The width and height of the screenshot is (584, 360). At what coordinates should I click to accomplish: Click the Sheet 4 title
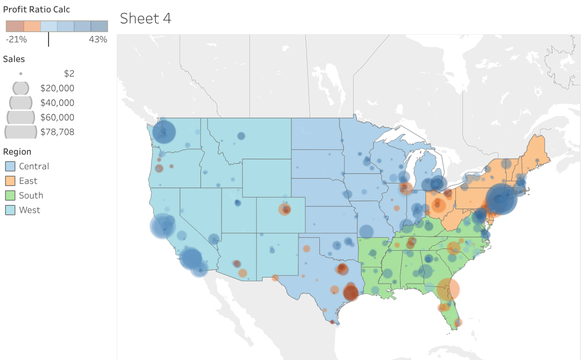pos(146,19)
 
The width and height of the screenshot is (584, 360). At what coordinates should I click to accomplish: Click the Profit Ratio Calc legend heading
pos(36,10)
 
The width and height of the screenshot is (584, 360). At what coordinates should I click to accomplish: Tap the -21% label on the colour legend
pos(16,40)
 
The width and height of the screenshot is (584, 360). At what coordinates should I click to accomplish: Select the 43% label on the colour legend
pos(98,40)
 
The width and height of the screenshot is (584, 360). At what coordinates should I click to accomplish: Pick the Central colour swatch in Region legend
pos(10,167)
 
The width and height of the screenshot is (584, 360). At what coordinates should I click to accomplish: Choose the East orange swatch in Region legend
pos(10,181)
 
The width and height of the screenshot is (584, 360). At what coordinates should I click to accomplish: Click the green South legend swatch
pos(10,195)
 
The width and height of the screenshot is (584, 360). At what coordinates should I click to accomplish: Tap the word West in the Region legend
pos(30,210)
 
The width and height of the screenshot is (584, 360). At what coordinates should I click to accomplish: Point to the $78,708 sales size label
pos(57,132)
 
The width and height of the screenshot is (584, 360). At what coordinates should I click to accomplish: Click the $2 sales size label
pos(69,74)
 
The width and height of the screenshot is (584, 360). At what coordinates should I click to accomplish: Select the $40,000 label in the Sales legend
pos(57,103)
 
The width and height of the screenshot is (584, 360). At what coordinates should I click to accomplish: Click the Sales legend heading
pos(14,59)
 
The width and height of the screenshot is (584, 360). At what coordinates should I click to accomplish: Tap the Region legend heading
pos(17,152)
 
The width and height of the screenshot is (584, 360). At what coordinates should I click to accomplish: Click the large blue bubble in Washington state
pos(164,132)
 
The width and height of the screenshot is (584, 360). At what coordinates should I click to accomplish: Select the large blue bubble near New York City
pos(501,199)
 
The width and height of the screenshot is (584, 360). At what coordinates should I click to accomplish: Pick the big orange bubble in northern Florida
pos(448,289)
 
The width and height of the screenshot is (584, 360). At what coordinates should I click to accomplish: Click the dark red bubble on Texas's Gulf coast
pos(350,293)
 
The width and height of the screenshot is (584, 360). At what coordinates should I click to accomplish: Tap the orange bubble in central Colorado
pos(285,209)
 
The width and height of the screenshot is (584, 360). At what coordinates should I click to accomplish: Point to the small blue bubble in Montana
pos(241,136)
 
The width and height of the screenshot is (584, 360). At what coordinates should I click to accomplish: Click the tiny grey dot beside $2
pos(21,74)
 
